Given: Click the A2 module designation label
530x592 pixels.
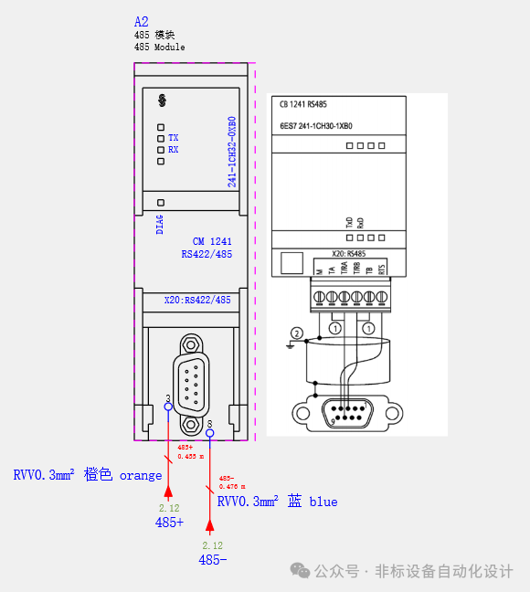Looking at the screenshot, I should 141,21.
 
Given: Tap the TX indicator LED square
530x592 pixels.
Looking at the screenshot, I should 161,137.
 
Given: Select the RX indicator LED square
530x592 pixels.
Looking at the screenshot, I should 161,149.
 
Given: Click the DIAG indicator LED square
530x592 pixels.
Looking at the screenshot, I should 161,202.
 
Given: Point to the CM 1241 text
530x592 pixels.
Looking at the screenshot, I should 211,241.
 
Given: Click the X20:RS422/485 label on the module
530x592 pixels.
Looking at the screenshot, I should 197,300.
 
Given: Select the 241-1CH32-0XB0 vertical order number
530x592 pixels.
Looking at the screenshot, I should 232,152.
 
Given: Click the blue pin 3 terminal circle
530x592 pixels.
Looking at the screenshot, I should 168,407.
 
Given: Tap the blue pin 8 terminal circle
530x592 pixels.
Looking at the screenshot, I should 210,434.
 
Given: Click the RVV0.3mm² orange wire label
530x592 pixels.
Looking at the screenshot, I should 88,475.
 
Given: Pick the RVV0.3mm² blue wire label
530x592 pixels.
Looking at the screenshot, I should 277,502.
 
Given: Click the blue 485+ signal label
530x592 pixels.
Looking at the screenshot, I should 169,523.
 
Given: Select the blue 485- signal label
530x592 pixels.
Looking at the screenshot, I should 213,559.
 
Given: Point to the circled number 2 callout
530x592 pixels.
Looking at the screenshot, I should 295,333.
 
